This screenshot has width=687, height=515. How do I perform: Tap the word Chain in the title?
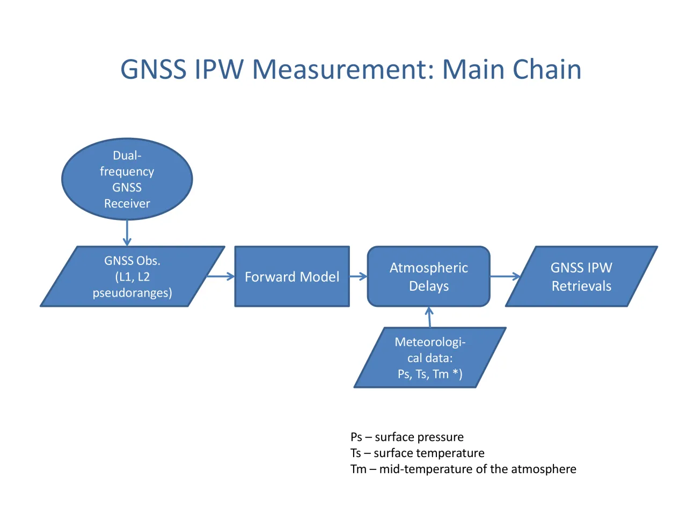(x=547, y=69)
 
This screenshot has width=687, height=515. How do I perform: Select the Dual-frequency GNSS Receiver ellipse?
(x=127, y=179)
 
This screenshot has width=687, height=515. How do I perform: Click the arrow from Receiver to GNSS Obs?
(x=127, y=233)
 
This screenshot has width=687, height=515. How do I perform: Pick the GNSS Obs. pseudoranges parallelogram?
(x=133, y=276)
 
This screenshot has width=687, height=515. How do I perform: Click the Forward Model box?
(x=291, y=276)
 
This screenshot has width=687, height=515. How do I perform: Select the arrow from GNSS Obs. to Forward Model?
(x=221, y=276)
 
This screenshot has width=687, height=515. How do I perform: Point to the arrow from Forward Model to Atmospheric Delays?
(x=359, y=276)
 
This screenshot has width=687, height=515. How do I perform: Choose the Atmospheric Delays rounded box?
(x=428, y=276)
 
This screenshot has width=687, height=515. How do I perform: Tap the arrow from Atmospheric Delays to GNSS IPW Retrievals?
(x=505, y=276)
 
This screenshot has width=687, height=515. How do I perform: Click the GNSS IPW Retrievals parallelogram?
(x=581, y=276)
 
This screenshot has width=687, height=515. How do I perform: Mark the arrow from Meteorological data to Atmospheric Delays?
(x=429, y=317)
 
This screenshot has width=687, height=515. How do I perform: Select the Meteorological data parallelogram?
(x=430, y=357)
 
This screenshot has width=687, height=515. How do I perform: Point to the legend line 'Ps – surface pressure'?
(x=407, y=437)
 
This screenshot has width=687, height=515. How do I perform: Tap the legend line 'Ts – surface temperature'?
(x=417, y=453)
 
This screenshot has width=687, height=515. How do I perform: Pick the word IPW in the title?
(x=219, y=69)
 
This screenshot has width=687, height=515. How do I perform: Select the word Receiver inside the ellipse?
(x=127, y=203)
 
